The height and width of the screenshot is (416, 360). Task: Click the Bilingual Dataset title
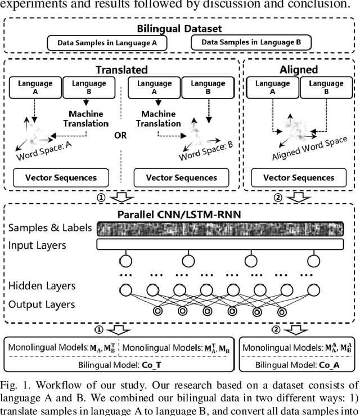click(179, 28)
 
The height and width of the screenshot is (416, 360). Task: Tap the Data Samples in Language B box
click(251, 42)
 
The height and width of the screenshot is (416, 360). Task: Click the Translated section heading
click(121, 69)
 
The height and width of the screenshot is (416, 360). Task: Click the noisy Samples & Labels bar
click(220, 229)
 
